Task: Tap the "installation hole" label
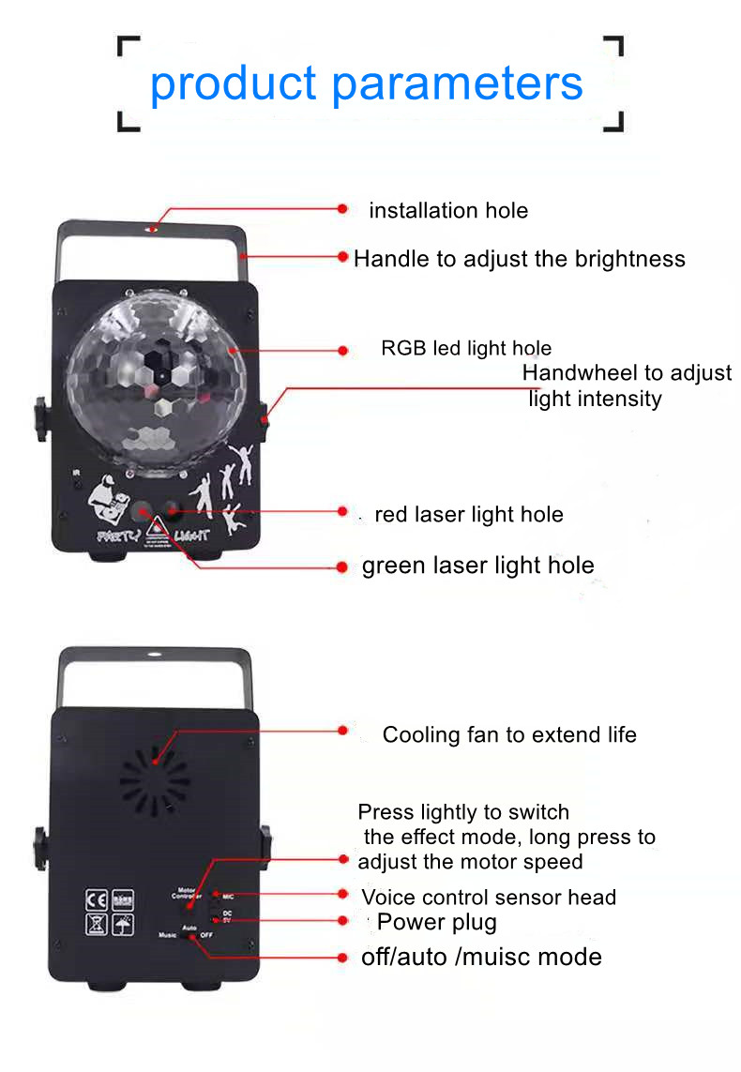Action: [x=448, y=211]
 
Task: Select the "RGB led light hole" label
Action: [x=466, y=349]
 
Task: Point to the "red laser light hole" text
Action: [x=469, y=514]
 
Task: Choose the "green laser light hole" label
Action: [x=477, y=566]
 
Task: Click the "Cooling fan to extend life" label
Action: [x=509, y=734]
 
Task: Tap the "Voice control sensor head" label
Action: [x=489, y=897]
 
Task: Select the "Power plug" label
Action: [x=437, y=922]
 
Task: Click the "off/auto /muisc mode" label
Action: [x=481, y=957]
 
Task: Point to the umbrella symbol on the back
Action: [x=123, y=924]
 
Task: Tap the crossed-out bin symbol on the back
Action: [x=97, y=924]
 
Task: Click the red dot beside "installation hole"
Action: [x=342, y=208]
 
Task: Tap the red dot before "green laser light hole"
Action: [x=342, y=566]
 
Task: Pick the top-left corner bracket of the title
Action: [x=129, y=48]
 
